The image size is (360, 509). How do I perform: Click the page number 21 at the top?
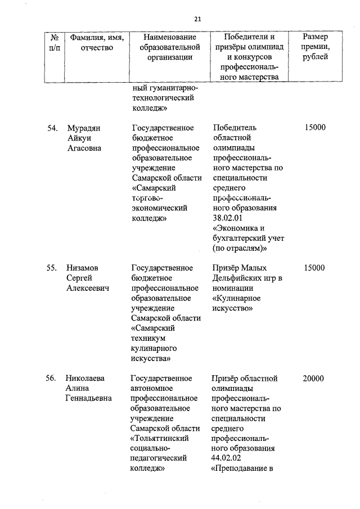point(197,19)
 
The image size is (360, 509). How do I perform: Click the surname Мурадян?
point(84,128)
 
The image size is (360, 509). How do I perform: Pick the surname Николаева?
point(86,379)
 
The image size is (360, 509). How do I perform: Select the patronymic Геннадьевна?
point(89,399)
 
